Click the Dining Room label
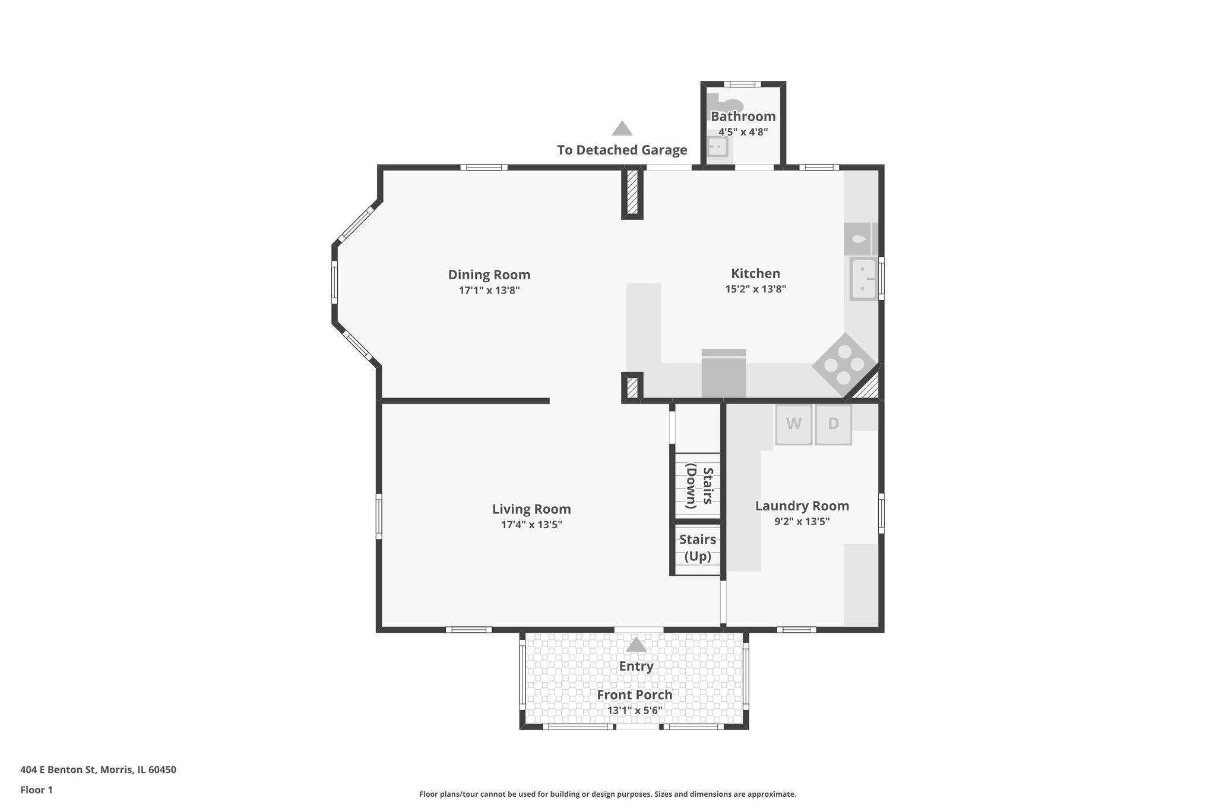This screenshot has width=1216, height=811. coord(489,274)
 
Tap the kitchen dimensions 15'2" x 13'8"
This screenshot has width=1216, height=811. coord(755,289)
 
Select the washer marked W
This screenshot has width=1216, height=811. coord(793,424)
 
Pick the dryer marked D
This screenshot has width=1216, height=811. coord(833,424)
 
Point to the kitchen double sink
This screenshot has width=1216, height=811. coord(863,279)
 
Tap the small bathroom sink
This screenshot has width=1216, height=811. coord(718,146)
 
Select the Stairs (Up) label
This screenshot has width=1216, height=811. coord(698,548)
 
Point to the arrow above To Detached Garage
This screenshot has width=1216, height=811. coord(622,129)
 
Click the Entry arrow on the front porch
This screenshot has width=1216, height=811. coord(636,645)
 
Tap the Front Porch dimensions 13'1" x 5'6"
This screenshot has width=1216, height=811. coord(634,711)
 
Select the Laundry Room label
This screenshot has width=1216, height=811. coord(802,506)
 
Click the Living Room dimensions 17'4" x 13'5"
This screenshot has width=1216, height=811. coord(531,525)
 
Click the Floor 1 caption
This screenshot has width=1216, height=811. coord(36,790)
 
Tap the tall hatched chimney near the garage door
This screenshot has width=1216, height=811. coord(632,193)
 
